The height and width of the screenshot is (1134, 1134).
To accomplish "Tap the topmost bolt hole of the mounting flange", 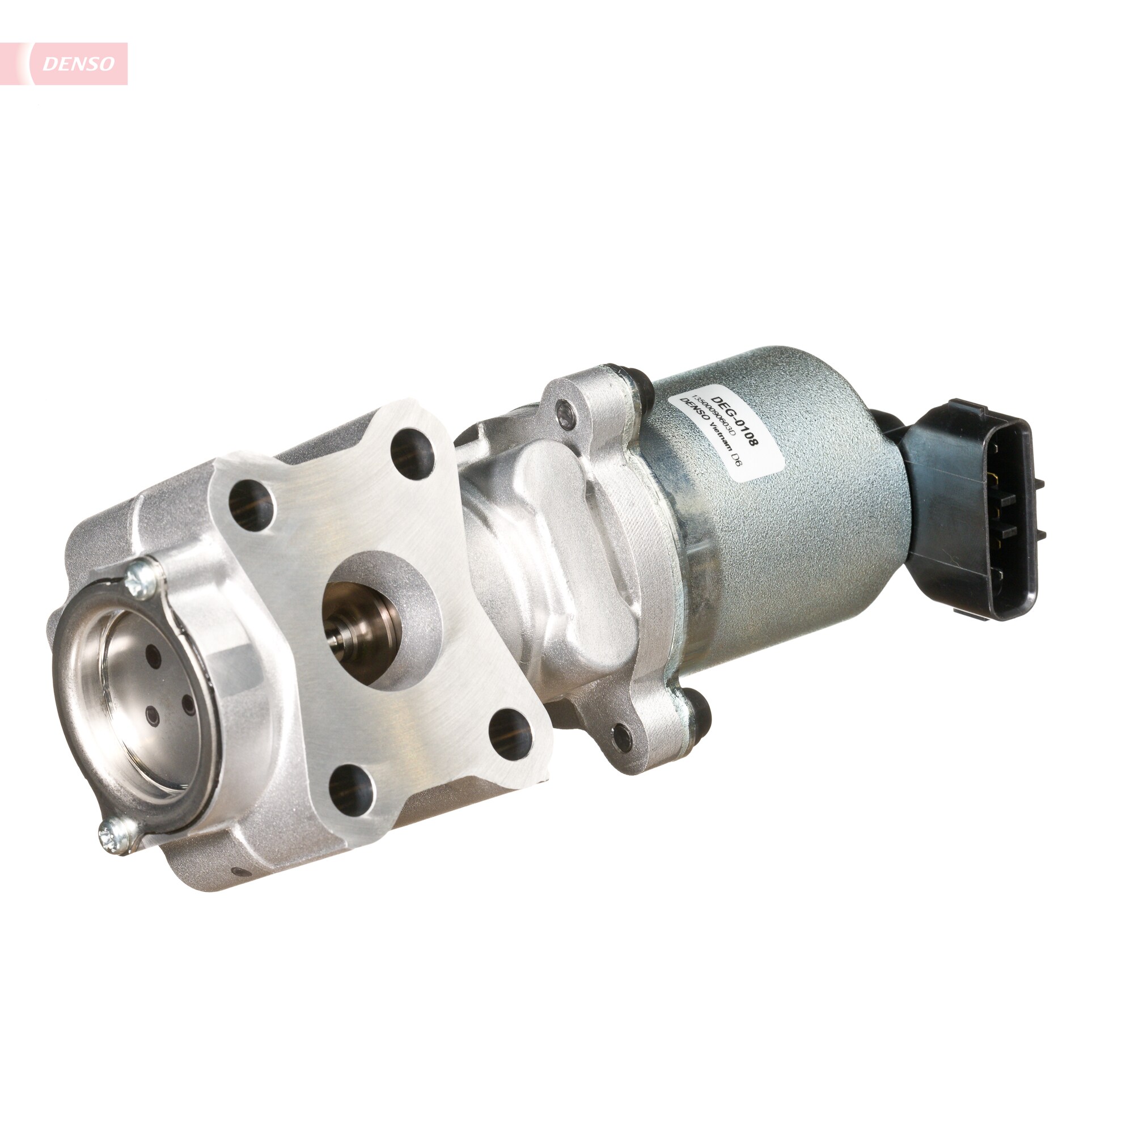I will pos(413,452).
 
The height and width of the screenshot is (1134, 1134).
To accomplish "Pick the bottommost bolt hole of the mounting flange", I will pos(351,789).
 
